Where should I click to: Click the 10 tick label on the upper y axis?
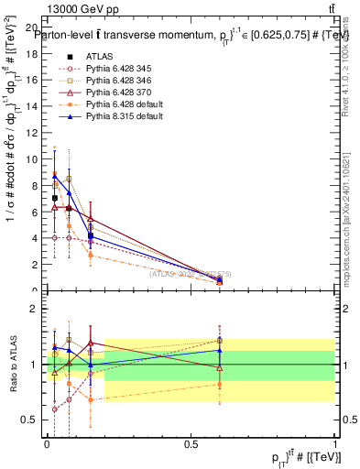(33, 159)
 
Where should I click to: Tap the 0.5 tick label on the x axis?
(191, 443)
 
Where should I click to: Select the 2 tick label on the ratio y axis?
(36, 309)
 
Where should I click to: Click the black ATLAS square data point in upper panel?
(55, 198)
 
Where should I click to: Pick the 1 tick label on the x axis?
(335, 443)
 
